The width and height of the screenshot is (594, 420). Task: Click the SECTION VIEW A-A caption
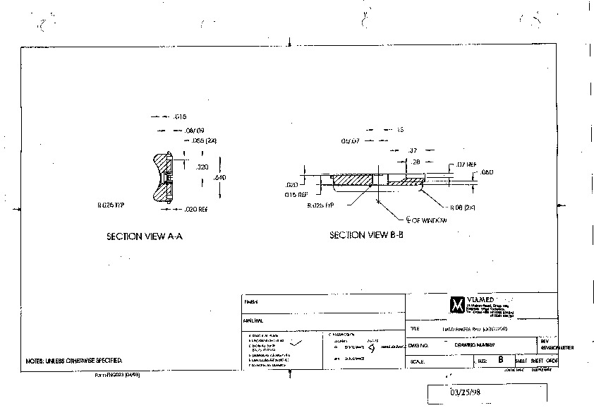coord(145,237)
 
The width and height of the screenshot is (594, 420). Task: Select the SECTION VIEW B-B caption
coord(366,235)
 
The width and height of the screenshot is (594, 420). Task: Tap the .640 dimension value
coord(219,178)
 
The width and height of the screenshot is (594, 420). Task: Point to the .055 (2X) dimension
coord(203,140)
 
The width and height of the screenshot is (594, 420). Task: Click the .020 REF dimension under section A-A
coord(195,210)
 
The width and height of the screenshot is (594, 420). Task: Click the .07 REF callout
coord(466,164)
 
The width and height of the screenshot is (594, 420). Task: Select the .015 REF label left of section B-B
coord(296,194)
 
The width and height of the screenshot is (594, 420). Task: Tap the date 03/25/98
coord(465,390)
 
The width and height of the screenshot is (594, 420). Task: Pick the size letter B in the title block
coord(501,359)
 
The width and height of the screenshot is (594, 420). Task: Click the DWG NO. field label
coord(419,344)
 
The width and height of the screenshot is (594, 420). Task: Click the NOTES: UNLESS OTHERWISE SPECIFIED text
coord(74,360)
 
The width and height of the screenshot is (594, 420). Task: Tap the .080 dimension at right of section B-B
coord(487,172)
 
